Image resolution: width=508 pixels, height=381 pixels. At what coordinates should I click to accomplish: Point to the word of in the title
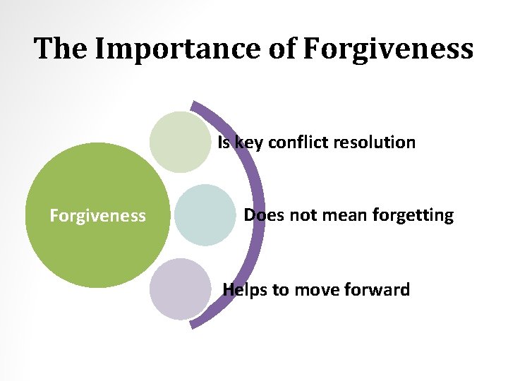pos(284,49)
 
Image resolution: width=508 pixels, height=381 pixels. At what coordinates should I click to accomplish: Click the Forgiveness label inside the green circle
pos(97,215)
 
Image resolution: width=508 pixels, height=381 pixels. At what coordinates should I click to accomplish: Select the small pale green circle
pos(180,142)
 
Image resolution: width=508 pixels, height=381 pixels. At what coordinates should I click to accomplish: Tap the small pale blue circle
pos(205,215)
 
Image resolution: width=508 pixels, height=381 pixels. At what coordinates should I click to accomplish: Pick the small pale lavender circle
pos(180,289)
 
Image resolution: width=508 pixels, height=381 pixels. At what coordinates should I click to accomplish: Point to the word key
pos(248,143)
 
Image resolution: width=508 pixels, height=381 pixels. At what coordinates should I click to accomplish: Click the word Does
pos(264,214)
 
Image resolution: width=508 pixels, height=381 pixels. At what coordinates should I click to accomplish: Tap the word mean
pos(341,214)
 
